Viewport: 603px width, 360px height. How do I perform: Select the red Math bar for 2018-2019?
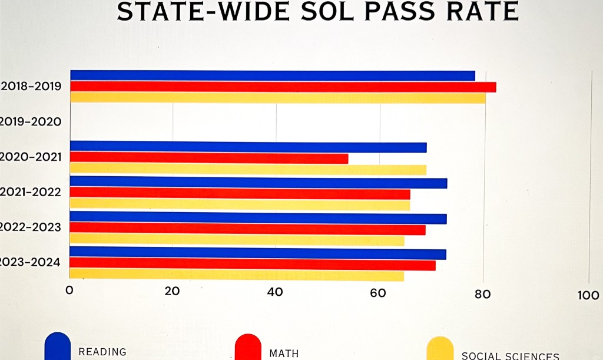click(x=283, y=87)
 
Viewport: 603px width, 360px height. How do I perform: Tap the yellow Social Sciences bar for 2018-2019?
click(x=277, y=98)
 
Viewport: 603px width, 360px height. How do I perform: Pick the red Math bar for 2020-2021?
click(x=209, y=158)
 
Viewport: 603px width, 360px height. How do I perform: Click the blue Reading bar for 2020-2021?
click(x=248, y=147)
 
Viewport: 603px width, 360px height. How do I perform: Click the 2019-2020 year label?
click(x=31, y=122)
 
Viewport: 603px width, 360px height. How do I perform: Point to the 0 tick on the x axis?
click(x=69, y=290)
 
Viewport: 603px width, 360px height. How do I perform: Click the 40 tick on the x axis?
click(x=275, y=292)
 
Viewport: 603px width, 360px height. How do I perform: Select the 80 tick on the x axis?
click(x=483, y=294)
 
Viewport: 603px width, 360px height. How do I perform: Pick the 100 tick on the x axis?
click(x=588, y=296)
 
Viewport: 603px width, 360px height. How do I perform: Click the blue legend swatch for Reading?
click(x=58, y=346)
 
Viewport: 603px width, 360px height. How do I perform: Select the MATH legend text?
click(x=284, y=354)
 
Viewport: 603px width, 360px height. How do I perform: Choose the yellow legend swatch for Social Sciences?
click(x=440, y=349)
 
